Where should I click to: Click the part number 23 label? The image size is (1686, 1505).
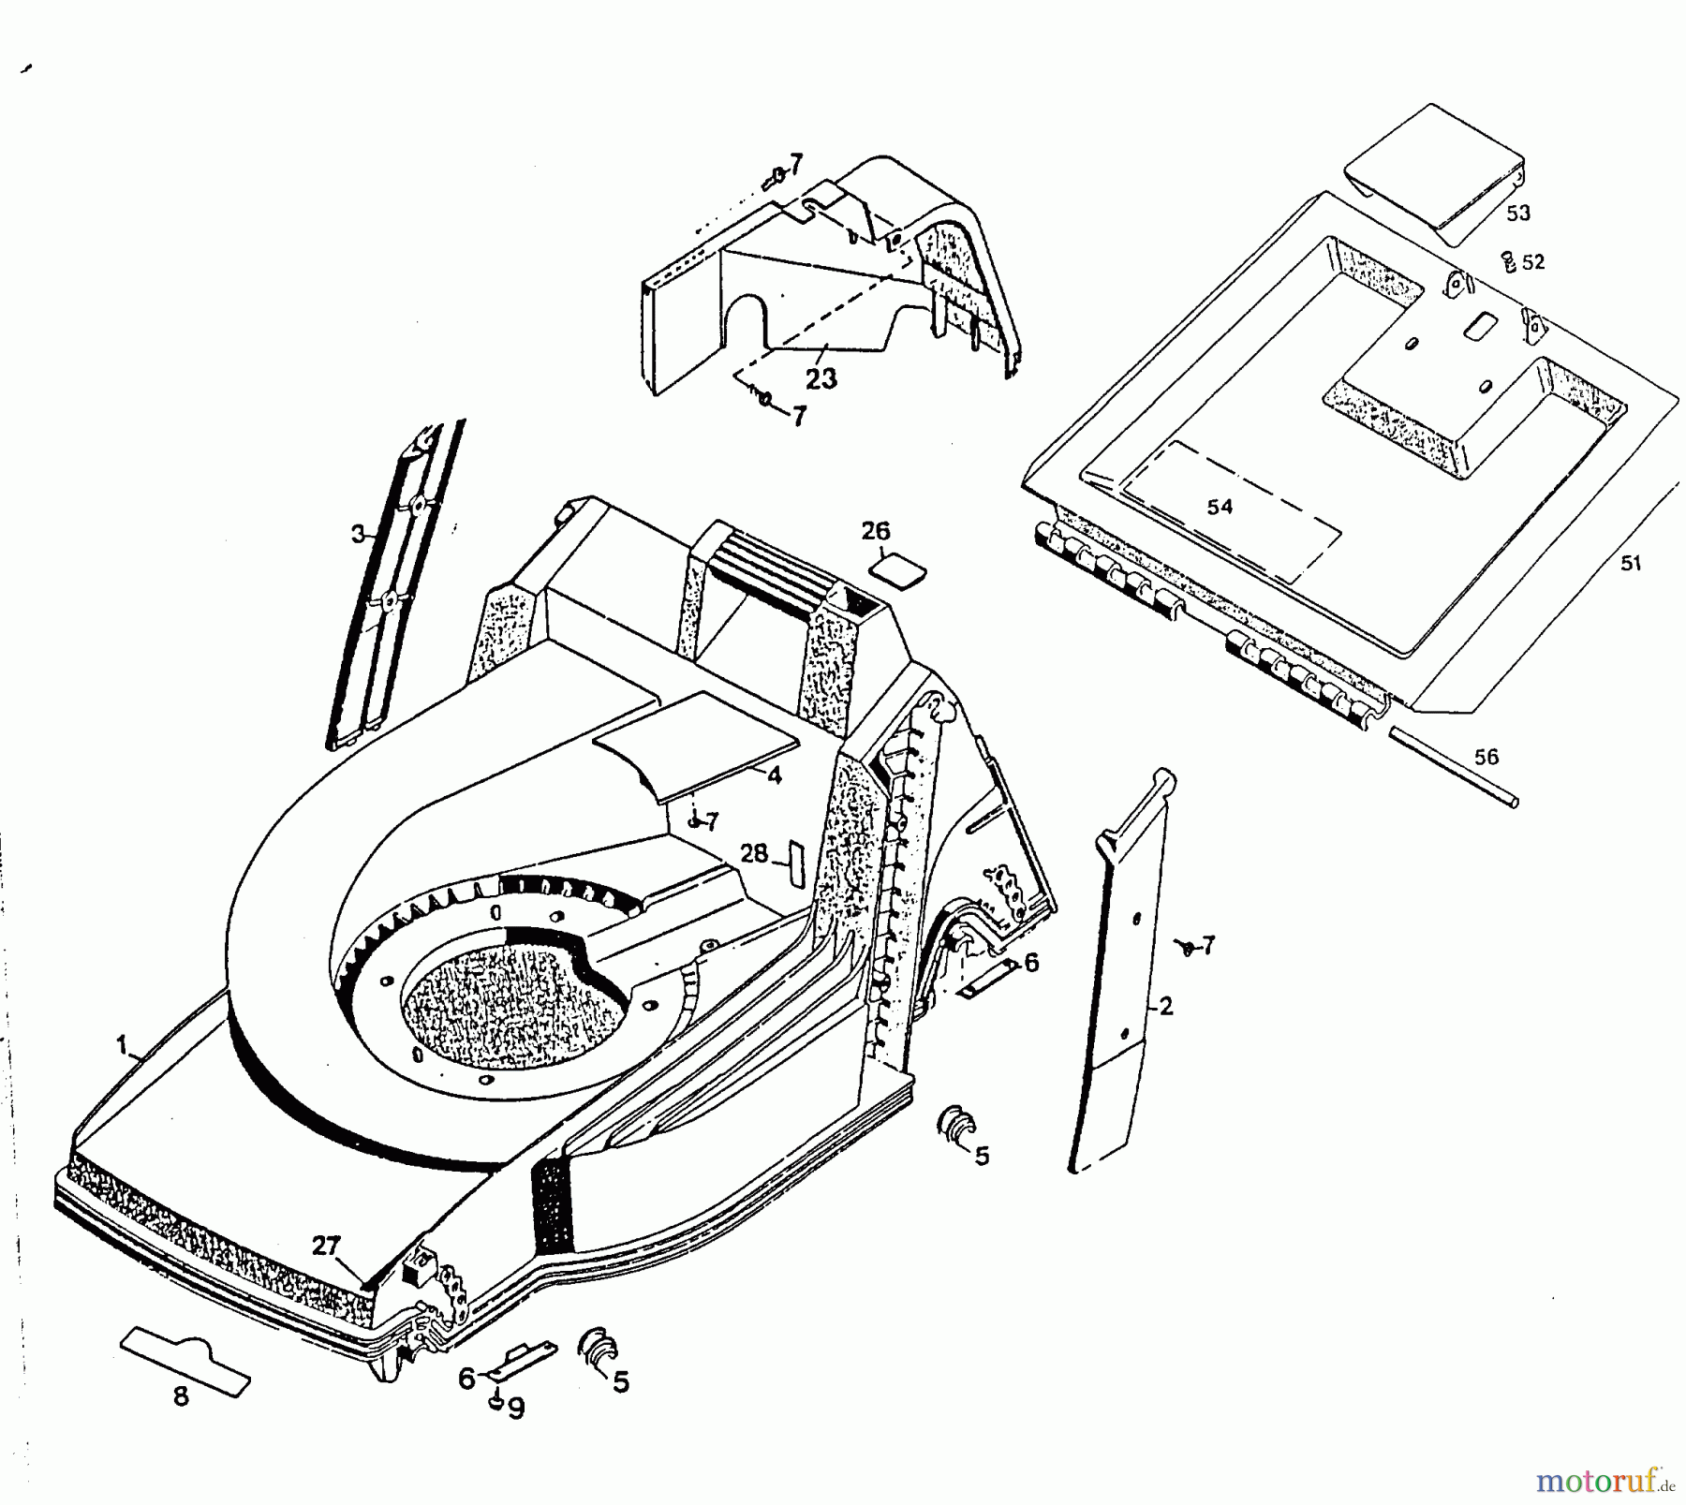point(821,379)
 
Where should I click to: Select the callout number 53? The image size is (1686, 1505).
point(1517,214)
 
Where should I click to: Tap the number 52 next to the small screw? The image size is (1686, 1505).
point(1533,263)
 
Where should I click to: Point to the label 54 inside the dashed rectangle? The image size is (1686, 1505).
point(1220,508)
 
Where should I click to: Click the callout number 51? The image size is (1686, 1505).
point(1631,564)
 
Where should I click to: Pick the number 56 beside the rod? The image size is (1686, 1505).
point(1486,757)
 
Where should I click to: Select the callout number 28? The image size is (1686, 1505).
point(754,853)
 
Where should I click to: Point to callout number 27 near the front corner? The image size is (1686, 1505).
point(325,1247)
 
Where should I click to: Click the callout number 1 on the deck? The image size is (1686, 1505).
point(122,1044)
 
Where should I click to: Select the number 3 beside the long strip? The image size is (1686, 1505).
point(358,534)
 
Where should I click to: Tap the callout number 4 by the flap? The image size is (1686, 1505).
point(774,775)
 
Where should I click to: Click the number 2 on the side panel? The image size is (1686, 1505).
point(1165,1007)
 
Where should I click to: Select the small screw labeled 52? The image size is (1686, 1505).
point(1508,260)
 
